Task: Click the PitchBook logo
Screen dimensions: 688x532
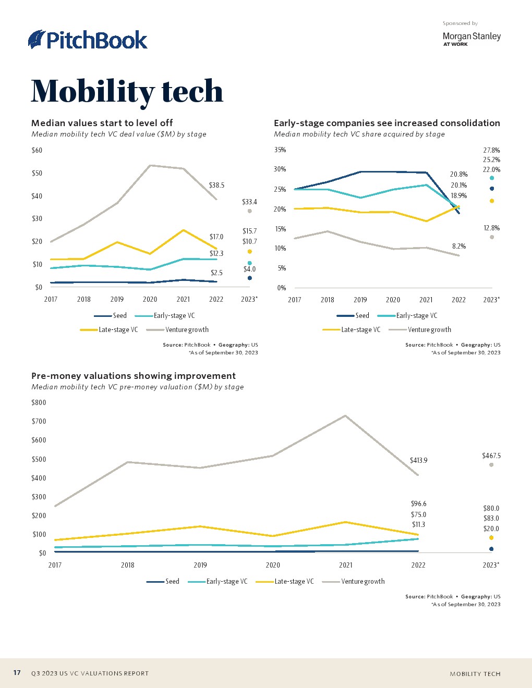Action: (88, 40)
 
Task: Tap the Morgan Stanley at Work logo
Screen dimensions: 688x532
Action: (471, 39)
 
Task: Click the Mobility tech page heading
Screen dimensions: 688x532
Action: (127, 91)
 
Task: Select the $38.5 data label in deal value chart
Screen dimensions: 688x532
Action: (216, 185)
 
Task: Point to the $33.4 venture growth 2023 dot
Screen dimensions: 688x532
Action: (250, 211)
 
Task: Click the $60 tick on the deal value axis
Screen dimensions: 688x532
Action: (37, 150)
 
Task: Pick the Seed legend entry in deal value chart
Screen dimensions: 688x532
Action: (111, 315)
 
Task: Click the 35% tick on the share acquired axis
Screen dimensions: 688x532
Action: (280, 150)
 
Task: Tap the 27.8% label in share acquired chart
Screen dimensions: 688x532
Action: (491, 150)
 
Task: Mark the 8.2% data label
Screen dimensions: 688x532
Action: (459, 246)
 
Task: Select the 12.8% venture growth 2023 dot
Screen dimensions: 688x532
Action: (492, 237)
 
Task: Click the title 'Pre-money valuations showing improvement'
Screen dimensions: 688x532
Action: (134, 376)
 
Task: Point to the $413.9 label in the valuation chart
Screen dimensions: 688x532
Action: (418, 460)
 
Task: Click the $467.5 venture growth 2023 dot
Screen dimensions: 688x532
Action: (491, 465)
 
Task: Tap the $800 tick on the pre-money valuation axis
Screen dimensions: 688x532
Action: (39, 402)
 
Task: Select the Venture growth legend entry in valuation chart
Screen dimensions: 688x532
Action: (354, 581)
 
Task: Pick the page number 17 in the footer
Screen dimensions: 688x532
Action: (17, 672)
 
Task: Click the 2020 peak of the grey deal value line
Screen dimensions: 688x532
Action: (150, 165)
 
